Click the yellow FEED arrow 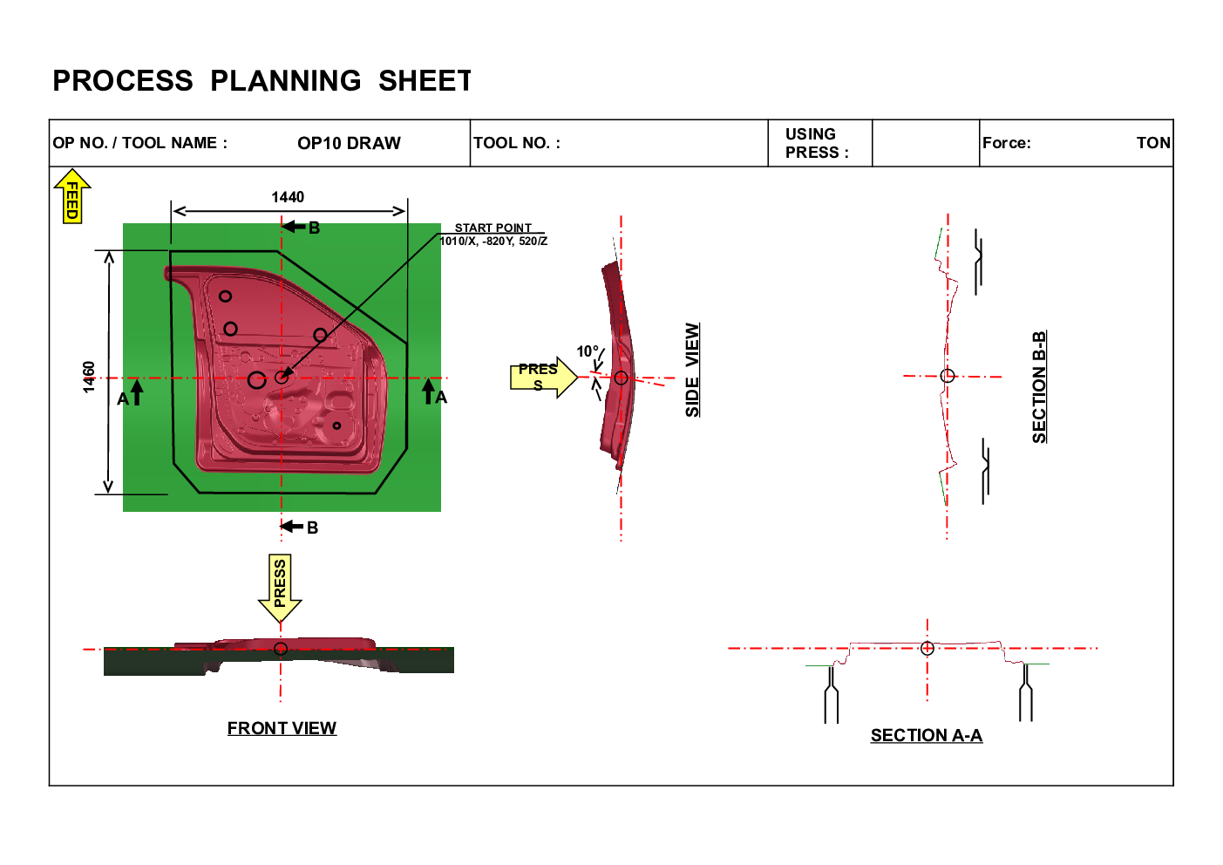(x=72, y=196)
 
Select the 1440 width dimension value (x=288, y=197)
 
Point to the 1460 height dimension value (x=88, y=377)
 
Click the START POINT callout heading (x=493, y=228)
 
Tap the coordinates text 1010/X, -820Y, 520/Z (x=493, y=241)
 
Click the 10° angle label (x=588, y=351)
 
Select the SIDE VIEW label (x=692, y=370)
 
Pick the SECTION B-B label (x=1039, y=386)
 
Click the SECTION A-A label (x=927, y=735)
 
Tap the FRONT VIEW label (x=282, y=728)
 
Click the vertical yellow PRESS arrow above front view (x=280, y=588)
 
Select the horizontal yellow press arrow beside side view (x=544, y=378)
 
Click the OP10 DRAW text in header (x=349, y=143)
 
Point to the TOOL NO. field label (x=517, y=143)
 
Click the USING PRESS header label (x=817, y=143)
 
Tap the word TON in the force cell (x=1153, y=143)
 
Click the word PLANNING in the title (x=286, y=81)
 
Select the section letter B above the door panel (x=314, y=228)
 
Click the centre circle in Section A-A (x=927, y=648)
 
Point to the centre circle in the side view (x=621, y=378)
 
